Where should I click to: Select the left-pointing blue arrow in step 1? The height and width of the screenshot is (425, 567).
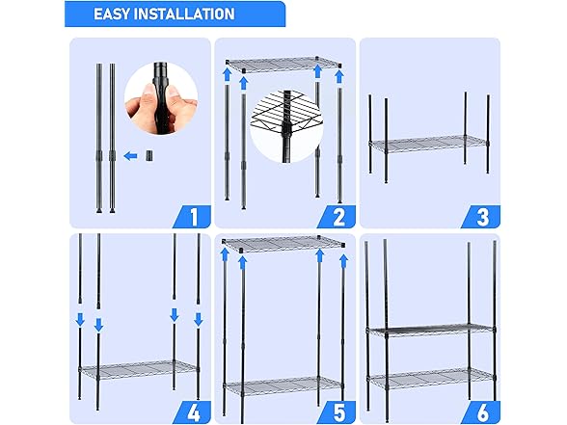pos(132,153)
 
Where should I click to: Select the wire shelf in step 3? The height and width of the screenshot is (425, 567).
pos(428,144)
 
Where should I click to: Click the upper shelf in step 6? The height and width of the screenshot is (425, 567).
pos(428,331)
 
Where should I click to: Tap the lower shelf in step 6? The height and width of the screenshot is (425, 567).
pos(428,376)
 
